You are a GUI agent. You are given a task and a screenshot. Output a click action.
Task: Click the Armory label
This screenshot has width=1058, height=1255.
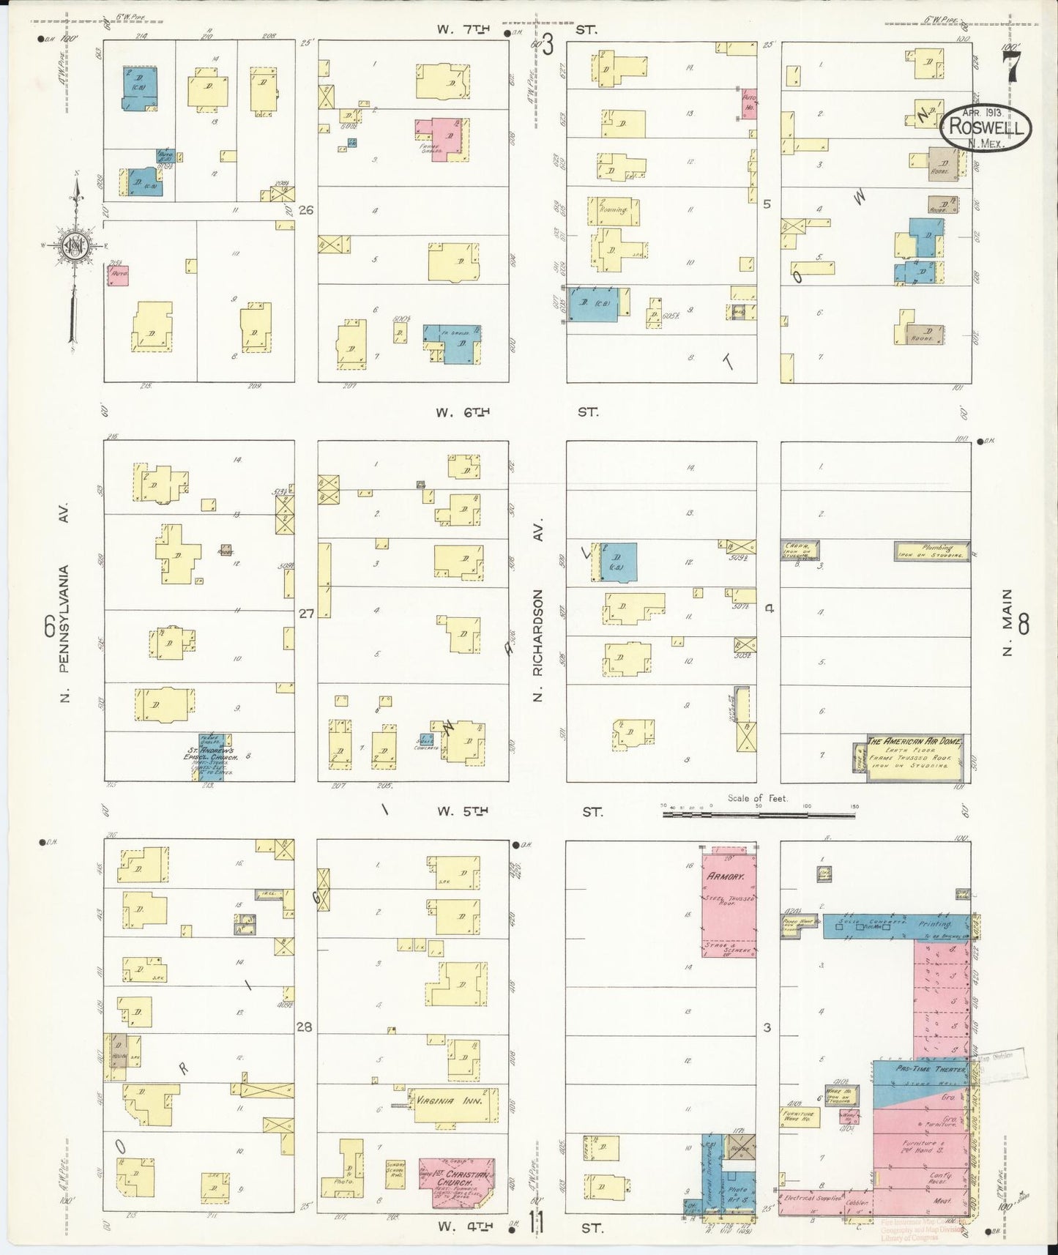tap(726, 876)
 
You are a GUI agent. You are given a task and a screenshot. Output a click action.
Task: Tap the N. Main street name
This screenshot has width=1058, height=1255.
tap(1007, 622)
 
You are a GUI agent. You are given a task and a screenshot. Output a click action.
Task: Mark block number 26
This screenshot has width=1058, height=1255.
tap(306, 210)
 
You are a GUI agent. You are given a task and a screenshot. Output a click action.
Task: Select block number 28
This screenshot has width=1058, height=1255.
tap(304, 1027)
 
